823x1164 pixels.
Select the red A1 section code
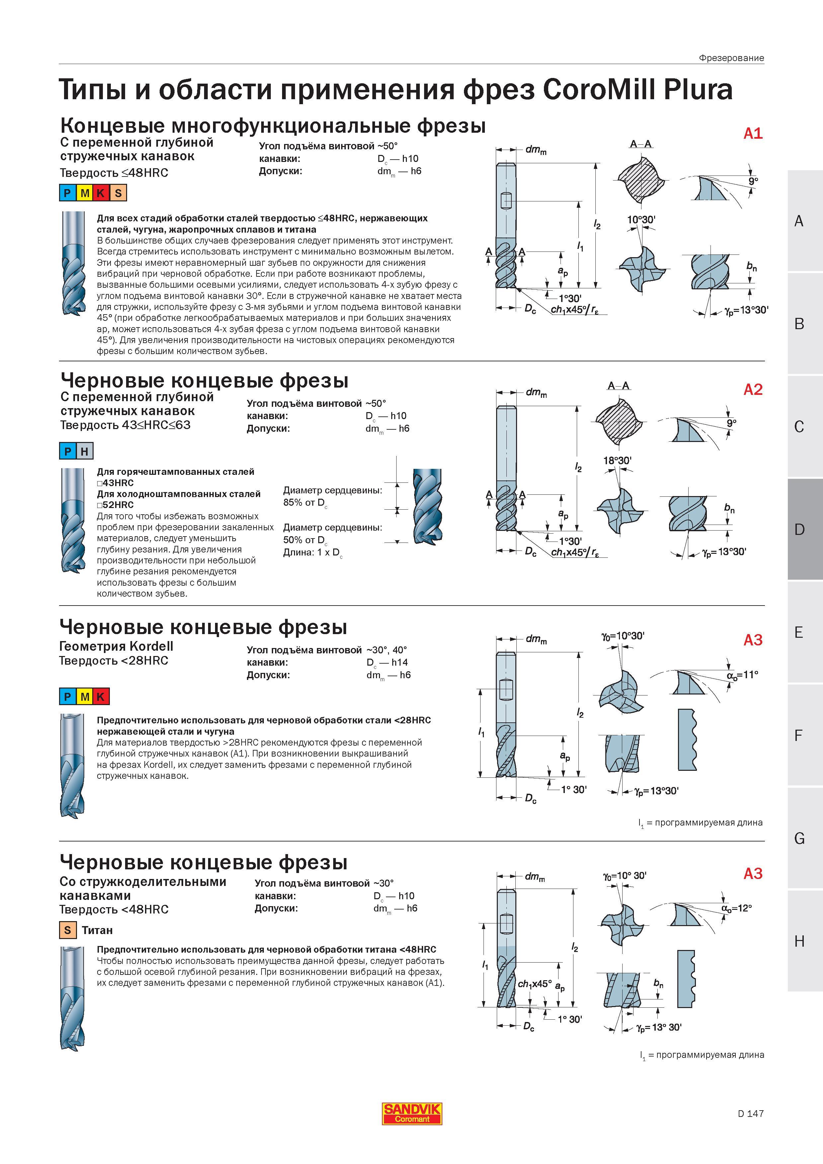tap(753, 133)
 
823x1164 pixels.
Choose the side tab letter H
tap(799, 941)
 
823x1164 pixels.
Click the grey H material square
tap(85, 451)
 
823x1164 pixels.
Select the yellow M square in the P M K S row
tap(85, 193)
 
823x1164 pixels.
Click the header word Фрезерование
tap(731, 58)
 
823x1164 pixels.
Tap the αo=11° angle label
tap(742, 675)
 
